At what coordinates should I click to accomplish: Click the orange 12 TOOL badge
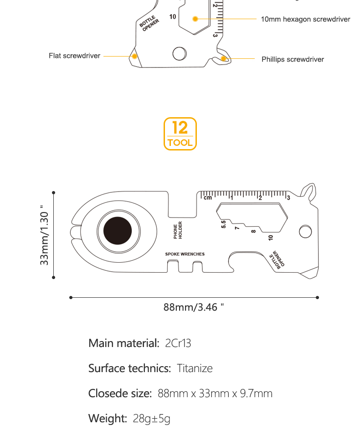click(x=180, y=134)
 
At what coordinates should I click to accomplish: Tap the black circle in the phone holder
click(x=118, y=231)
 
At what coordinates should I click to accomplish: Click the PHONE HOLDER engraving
click(x=178, y=230)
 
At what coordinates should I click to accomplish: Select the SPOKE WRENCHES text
click(x=185, y=254)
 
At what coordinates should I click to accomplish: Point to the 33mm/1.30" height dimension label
click(x=44, y=235)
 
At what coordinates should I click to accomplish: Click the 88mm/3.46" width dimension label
click(x=193, y=307)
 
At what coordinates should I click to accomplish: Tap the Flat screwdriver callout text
click(x=75, y=56)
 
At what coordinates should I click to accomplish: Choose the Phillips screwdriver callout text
click(x=293, y=59)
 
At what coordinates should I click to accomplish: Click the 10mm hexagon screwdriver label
click(x=305, y=19)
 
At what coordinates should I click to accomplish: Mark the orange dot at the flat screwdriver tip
click(x=134, y=56)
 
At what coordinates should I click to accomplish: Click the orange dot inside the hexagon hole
click(x=195, y=19)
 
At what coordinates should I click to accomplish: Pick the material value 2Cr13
click(x=178, y=343)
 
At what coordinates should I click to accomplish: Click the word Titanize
click(x=195, y=368)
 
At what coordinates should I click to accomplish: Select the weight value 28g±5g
click(x=151, y=419)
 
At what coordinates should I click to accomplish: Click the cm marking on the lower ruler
click(x=208, y=198)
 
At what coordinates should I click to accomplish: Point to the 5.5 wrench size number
click(x=224, y=224)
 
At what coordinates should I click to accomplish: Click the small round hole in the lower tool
click(x=305, y=232)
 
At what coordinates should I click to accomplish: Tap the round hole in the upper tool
click(x=180, y=53)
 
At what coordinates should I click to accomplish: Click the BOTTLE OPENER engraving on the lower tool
click(x=277, y=259)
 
